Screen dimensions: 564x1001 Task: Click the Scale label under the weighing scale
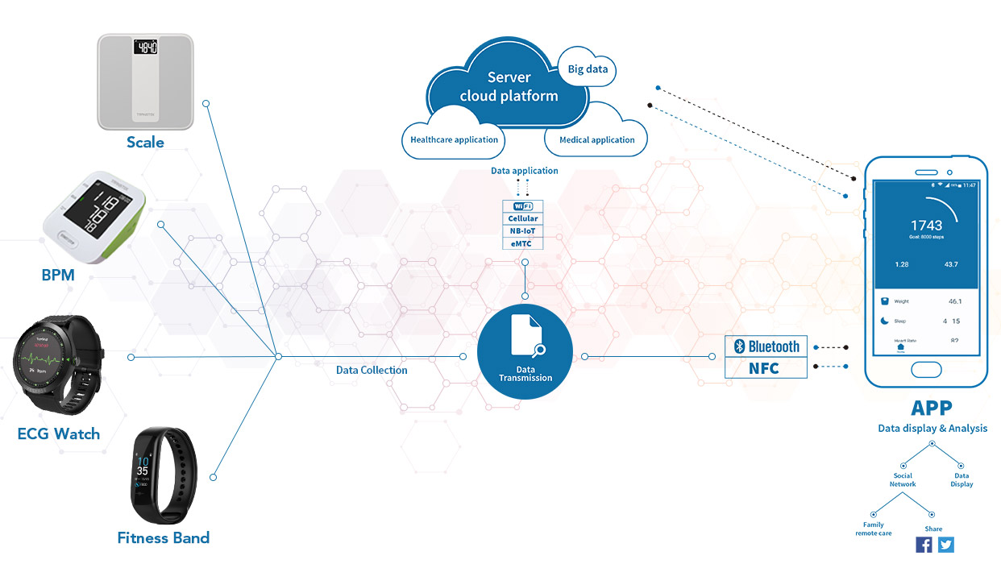coord(145,143)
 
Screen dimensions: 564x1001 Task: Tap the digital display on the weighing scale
coord(146,47)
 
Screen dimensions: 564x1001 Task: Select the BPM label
coord(58,275)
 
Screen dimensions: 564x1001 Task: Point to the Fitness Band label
coord(164,537)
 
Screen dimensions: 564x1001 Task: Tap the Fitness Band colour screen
coord(142,473)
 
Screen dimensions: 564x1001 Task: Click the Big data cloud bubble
coord(588,69)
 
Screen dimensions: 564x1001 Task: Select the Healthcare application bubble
coord(454,139)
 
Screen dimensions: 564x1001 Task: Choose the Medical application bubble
coord(596,139)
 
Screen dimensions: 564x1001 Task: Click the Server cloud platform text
coord(509,87)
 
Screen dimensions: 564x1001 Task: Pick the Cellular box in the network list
coord(523,218)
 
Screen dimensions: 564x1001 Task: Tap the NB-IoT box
coord(523,230)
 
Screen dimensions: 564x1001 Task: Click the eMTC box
coord(523,243)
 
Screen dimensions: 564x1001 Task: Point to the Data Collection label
coord(372,370)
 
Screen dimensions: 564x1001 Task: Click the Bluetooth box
coord(766,346)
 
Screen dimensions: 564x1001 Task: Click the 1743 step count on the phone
coord(926,226)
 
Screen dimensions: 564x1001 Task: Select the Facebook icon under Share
coord(924,545)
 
